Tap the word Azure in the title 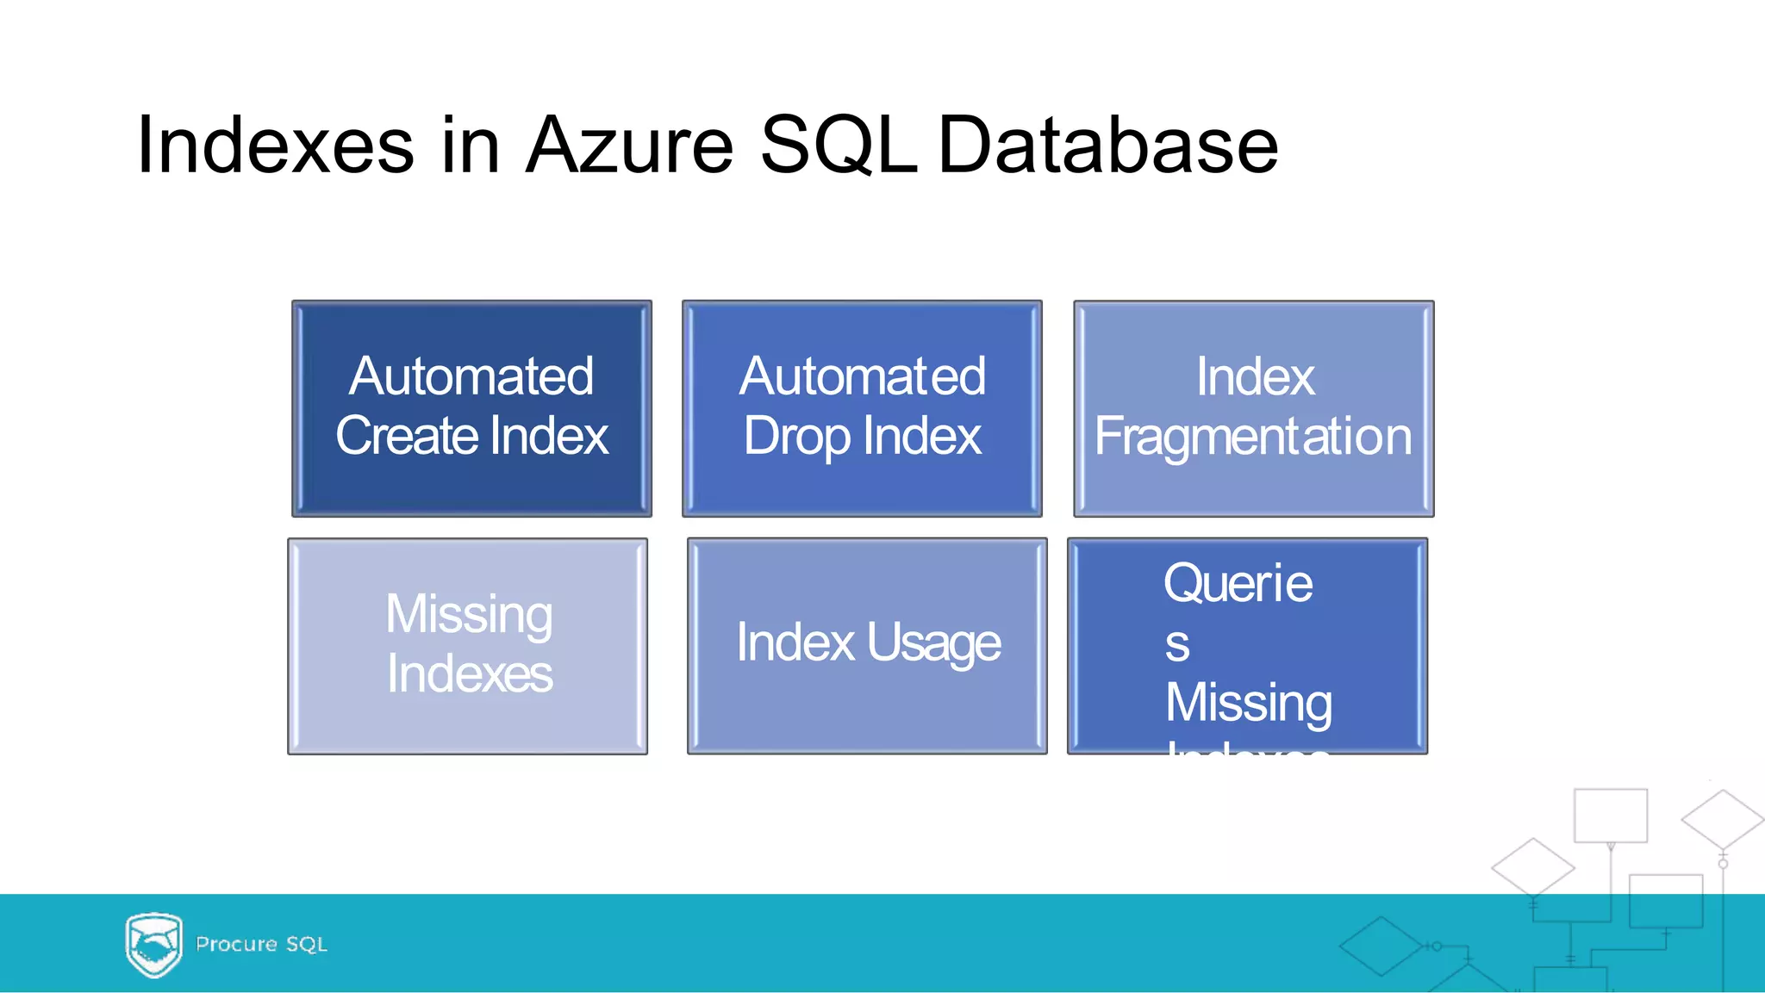tap(629, 145)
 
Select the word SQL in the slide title tap(838, 145)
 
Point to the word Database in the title tap(1107, 145)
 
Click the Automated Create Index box tap(471, 408)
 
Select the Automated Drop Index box tap(862, 408)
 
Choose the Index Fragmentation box tap(1253, 408)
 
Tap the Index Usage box tap(867, 646)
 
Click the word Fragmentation tap(1253, 437)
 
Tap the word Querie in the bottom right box tap(1238, 584)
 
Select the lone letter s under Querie tap(1177, 644)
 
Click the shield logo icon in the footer tap(153, 944)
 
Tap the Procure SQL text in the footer tap(261, 944)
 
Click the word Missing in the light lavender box tap(469, 615)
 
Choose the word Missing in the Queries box tap(1248, 703)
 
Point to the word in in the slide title tap(471, 145)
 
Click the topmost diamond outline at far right tap(1722, 819)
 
